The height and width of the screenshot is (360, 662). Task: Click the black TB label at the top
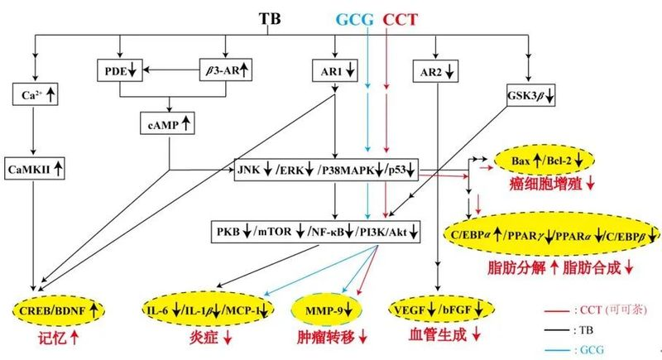tap(270, 17)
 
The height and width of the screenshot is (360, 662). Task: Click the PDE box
tap(121, 70)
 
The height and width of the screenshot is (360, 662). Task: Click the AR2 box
tap(436, 72)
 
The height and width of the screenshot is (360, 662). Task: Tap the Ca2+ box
tap(35, 96)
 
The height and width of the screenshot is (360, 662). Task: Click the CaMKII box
tap(35, 169)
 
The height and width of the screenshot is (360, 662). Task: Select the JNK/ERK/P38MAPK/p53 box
tap(328, 169)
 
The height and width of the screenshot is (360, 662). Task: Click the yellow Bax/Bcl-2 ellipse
tap(543, 157)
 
